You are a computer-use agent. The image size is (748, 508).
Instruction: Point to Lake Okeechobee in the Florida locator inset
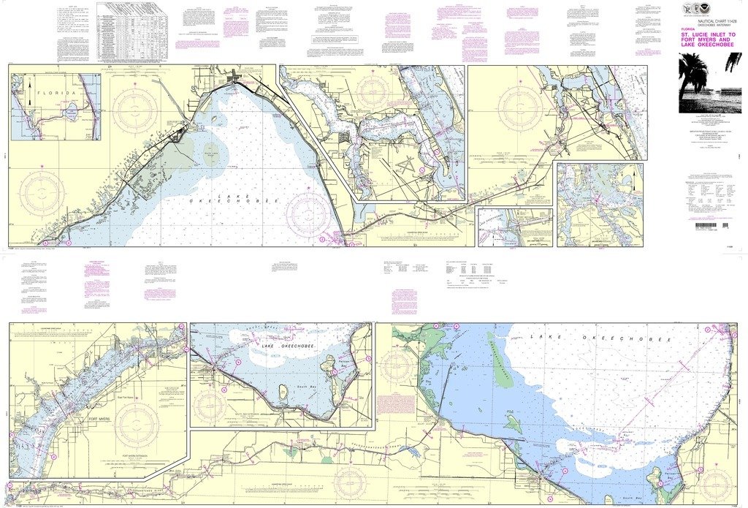(x=71, y=114)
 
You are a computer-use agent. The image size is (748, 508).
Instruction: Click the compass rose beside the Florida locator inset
(x=135, y=110)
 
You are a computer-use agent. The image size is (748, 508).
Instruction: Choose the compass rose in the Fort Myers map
(x=137, y=424)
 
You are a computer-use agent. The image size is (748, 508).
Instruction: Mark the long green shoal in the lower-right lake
(x=500, y=359)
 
